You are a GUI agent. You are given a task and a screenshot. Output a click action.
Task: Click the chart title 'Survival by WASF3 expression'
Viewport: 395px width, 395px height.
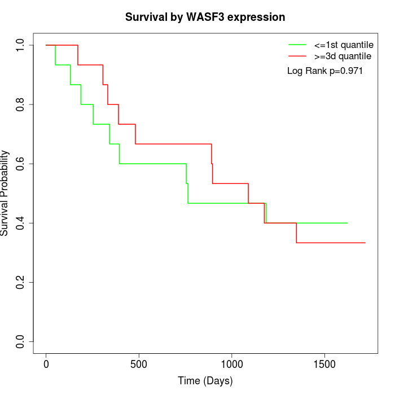point(205,17)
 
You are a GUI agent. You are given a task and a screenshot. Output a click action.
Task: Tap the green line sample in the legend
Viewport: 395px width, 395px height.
point(297,44)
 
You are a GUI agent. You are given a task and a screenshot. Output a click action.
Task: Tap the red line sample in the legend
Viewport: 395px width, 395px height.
point(297,56)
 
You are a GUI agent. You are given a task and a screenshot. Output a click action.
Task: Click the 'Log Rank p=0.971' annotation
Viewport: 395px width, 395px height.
point(324,71)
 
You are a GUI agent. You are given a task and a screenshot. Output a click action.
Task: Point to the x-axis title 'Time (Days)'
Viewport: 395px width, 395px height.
point(205,381)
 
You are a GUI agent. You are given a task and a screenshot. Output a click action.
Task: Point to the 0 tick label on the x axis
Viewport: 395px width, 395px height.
point(46,363)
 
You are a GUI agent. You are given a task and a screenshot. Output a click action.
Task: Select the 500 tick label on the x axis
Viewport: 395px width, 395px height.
point(139,363)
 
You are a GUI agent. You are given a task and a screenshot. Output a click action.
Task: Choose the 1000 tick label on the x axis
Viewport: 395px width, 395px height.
point(231,363)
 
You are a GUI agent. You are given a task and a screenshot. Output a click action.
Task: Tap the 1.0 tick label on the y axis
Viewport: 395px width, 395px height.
point(21,45)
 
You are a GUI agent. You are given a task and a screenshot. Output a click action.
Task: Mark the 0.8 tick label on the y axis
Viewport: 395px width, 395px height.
point(21,104)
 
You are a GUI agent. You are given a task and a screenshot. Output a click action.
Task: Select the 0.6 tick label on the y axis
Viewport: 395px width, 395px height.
point(21,164)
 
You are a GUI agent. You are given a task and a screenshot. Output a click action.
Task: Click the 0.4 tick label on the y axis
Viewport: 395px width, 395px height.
point(21,223)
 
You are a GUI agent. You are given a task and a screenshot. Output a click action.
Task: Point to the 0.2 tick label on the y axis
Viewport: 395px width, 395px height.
point(21,282)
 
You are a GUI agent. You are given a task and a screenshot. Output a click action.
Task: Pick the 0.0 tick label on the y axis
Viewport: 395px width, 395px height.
point(21,341)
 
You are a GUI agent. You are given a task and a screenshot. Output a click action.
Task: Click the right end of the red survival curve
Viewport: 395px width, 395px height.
point(365,243)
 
